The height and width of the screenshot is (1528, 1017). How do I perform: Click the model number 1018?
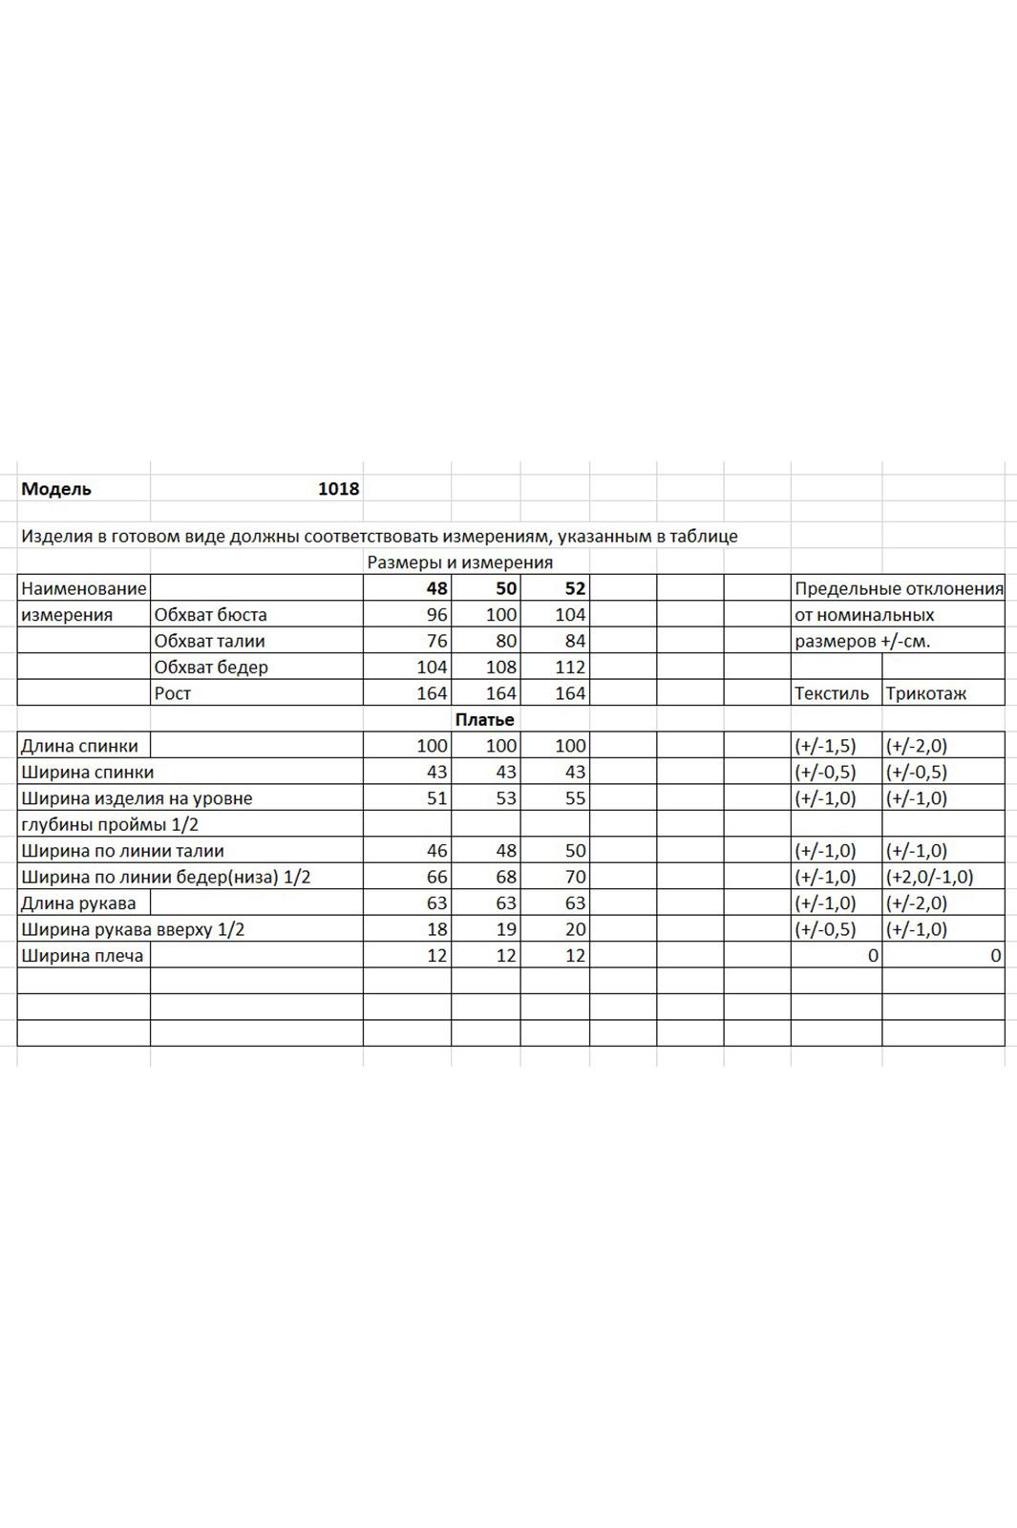pos(338,489)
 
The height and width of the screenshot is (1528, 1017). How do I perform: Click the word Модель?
pos(56,489)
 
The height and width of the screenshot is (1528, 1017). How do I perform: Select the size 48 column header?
pos(436,588)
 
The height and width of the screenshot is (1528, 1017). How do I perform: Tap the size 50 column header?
pos(505,588)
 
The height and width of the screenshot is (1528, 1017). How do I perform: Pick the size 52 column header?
pos(574,588)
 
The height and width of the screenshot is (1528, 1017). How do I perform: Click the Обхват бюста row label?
pos(210,615)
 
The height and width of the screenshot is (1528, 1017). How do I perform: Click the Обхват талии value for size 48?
pos(436,641)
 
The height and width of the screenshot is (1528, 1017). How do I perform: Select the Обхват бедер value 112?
pos(570,667)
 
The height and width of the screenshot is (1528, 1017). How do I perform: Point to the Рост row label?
pos(173,693)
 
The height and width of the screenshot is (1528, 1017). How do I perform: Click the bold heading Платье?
pos(484,719)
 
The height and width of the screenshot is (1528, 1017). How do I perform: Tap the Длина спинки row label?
pos(79,746)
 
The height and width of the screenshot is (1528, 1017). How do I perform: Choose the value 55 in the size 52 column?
pos(574,798)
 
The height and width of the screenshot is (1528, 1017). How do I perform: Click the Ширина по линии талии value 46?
pos(436,851)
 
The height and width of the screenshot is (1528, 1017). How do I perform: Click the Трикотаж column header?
pos(925,693)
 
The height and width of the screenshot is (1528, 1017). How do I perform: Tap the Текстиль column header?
pos(831,693)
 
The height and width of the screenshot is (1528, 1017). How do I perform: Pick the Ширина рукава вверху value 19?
pos(505,929)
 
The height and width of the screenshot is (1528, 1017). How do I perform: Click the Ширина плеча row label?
pos(82,955)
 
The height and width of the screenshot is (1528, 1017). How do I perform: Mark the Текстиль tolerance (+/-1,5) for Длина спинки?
pos(825,746)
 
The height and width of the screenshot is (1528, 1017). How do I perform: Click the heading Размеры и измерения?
pos(460,562)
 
